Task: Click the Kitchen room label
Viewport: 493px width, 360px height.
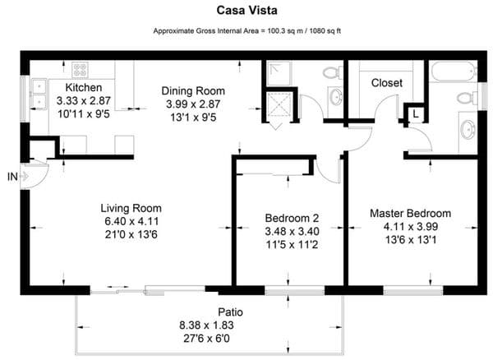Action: click(83, 87)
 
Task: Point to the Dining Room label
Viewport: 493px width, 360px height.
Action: click(193, 90)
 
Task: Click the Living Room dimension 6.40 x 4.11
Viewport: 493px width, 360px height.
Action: click(131, 221)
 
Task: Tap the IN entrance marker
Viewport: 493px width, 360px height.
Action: click(11, 176)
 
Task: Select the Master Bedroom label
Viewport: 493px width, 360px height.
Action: click(410, 214)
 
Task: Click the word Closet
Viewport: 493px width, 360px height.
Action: click(386, 83)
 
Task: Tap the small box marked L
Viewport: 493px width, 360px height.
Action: click(416, 114)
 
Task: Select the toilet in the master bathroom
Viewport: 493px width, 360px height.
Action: click(465, 98)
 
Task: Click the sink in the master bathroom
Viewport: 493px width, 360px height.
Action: click(466, 130)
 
